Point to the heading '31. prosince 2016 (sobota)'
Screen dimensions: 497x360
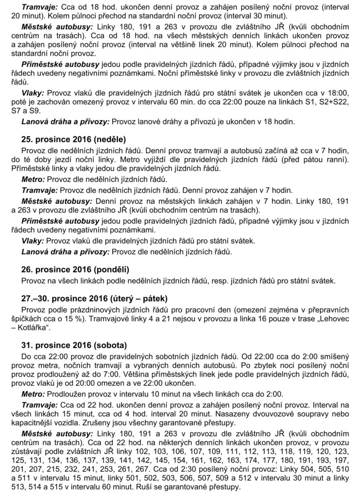[x=68, y=345]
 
